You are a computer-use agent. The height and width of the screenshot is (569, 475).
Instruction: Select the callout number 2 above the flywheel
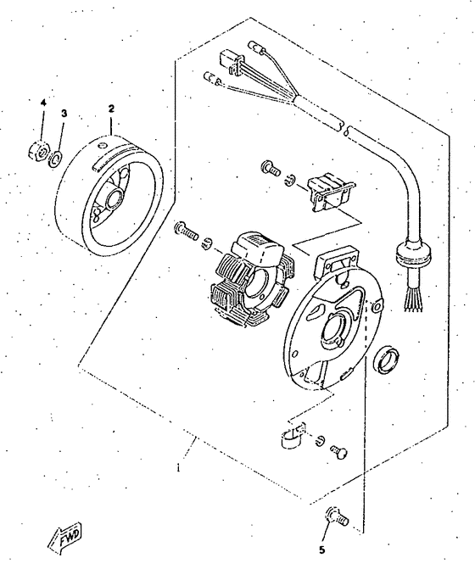click(x=110, y=109)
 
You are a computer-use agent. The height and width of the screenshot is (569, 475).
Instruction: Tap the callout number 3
click(x=63, y=113)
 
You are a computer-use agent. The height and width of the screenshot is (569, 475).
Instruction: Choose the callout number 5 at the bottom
click(x=321, y=549)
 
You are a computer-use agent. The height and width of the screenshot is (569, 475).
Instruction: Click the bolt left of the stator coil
click(x=186, y=229)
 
